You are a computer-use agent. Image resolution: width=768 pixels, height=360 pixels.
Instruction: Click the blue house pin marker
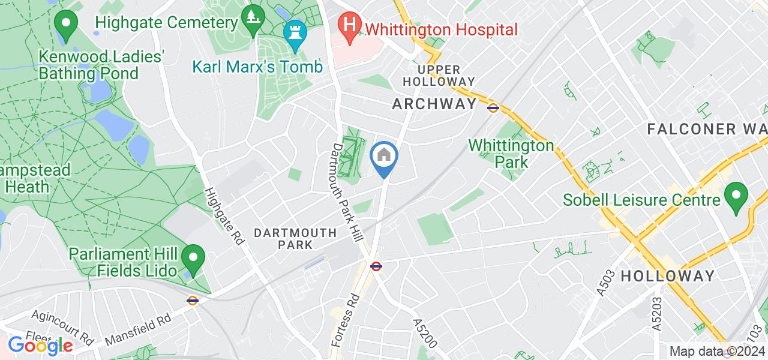pyautogui.click(x=384, y=157)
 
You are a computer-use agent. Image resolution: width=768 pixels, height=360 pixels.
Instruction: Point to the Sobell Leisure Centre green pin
pyautogui.click(x=736, y=196)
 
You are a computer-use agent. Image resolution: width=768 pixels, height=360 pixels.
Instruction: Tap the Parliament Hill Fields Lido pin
pyautogui.click(x=193, y=259)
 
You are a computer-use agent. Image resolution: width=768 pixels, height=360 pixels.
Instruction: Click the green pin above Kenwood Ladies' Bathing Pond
pyautogui.click(x=66, y=24)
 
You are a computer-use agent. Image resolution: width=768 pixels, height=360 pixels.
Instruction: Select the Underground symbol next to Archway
pyautogui.click(x=493, y=108)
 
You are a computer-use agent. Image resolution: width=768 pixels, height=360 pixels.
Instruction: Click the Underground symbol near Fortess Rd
pyautogui.click(x=376, y=266)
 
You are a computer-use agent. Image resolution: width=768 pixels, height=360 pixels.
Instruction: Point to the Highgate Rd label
pyautogui.click(x=224, y=216)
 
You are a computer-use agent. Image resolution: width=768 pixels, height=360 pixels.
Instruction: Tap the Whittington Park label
pyautogui.click(x=511, y=154)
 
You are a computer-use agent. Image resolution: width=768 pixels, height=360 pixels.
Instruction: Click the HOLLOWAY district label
pyautogui.click(x=667, y=276)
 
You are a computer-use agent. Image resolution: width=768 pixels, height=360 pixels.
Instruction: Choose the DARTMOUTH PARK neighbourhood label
pyautogui.click(x=295, y=238)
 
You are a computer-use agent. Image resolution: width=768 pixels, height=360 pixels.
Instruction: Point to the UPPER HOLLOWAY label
pyautogui.click(x=438, y=76)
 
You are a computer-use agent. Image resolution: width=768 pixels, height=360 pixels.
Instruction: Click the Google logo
pyautogui.click(x=40, y=346)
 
